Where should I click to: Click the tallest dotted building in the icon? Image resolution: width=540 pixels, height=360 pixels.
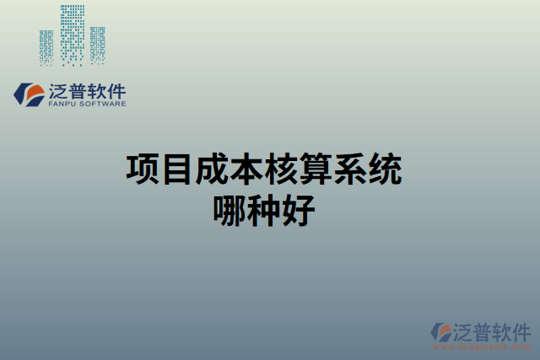72,34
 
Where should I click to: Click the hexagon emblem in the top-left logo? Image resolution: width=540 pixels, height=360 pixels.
28,94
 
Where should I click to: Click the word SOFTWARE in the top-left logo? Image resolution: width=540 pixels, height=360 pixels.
104,104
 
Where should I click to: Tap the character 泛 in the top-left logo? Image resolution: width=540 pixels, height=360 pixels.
61,90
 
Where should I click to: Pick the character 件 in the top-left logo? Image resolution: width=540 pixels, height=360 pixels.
116,90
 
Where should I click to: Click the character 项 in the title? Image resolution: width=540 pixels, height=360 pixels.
143,169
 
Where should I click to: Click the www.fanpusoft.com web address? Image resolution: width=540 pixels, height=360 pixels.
483,347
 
